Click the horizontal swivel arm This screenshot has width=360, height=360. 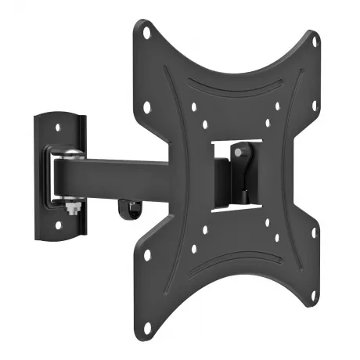[117, 173]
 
